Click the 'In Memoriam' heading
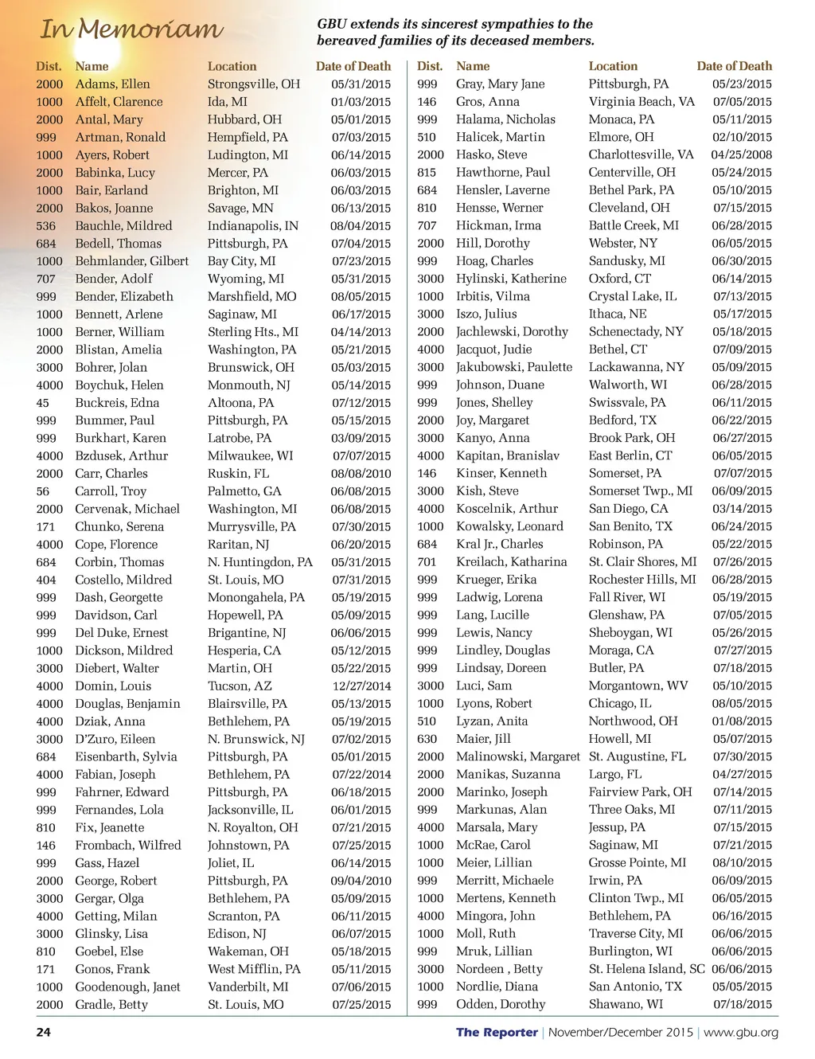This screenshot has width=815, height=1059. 131,29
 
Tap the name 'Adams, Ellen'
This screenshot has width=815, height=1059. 112,84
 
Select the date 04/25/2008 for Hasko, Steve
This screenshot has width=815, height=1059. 741,155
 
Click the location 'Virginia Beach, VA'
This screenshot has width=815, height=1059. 641,102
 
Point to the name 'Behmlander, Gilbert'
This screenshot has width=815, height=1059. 132,261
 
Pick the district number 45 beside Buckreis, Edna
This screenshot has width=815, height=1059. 42,403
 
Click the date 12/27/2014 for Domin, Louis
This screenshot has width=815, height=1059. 361,686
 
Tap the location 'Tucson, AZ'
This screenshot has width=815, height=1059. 240,686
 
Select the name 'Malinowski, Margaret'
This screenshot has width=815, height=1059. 518,756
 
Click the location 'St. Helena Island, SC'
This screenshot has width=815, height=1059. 647,969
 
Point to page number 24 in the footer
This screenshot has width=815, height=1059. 43,1033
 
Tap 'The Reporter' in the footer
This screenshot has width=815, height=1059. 497,1033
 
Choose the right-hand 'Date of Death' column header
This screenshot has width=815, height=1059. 735,66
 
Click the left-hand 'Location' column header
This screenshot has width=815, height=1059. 232,66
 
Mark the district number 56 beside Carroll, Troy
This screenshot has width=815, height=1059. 42,491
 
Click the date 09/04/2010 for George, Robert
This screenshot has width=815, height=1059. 361,881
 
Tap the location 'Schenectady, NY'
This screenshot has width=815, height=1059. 636,332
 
